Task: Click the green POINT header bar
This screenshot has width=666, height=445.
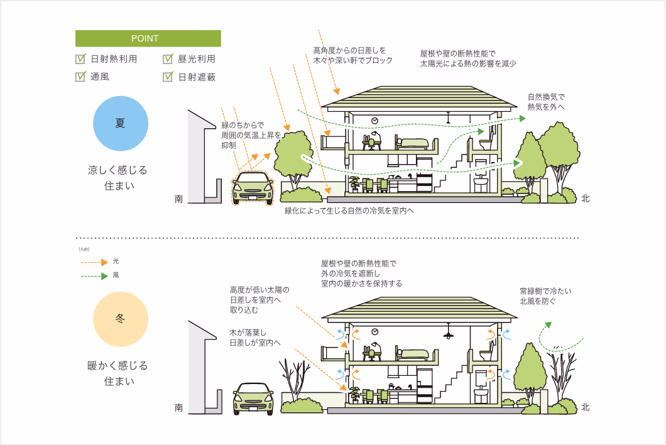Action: (148, 38)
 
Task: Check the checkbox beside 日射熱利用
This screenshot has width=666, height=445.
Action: (80, 59)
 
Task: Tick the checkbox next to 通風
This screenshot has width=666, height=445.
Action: (80, 77)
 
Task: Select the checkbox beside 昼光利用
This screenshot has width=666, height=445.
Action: (168, 59)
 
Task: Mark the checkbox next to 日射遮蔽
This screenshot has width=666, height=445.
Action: (168, 77)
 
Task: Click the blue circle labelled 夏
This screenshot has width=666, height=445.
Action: (120, 123)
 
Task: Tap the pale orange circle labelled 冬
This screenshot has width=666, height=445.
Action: (120, 319)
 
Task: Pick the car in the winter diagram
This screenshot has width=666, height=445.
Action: (253, 398)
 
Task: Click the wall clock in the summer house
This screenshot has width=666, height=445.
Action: (374, 120)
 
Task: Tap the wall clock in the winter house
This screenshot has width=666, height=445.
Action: (374, 331)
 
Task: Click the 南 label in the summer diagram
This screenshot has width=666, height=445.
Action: (179, 199)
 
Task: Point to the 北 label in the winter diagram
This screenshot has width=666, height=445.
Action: (585, 407)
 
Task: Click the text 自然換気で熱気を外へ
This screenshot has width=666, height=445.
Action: (546, 102)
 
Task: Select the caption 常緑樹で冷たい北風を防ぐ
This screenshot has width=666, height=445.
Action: (545, 296)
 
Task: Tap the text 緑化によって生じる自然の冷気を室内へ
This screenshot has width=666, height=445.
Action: (349, 211)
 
